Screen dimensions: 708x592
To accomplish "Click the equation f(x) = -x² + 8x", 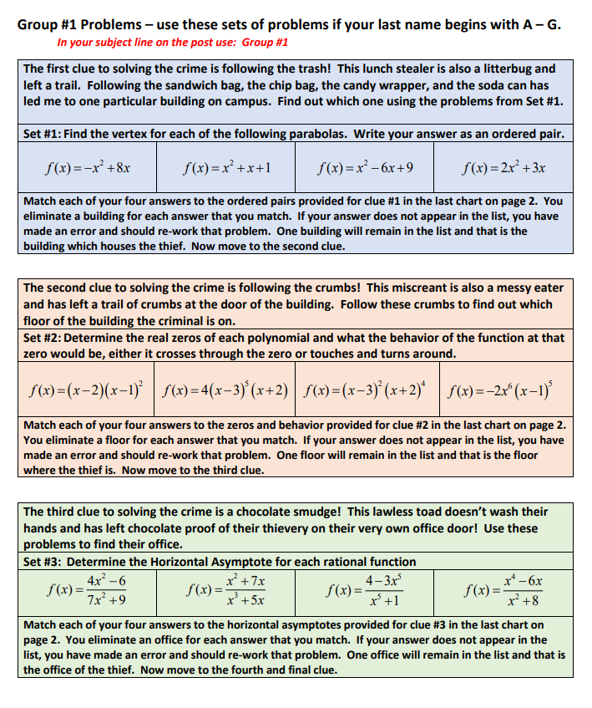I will point(89,167).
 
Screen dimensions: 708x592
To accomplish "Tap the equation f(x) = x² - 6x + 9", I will point(365,167).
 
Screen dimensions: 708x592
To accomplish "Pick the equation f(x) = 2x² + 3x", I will point(503,167).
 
